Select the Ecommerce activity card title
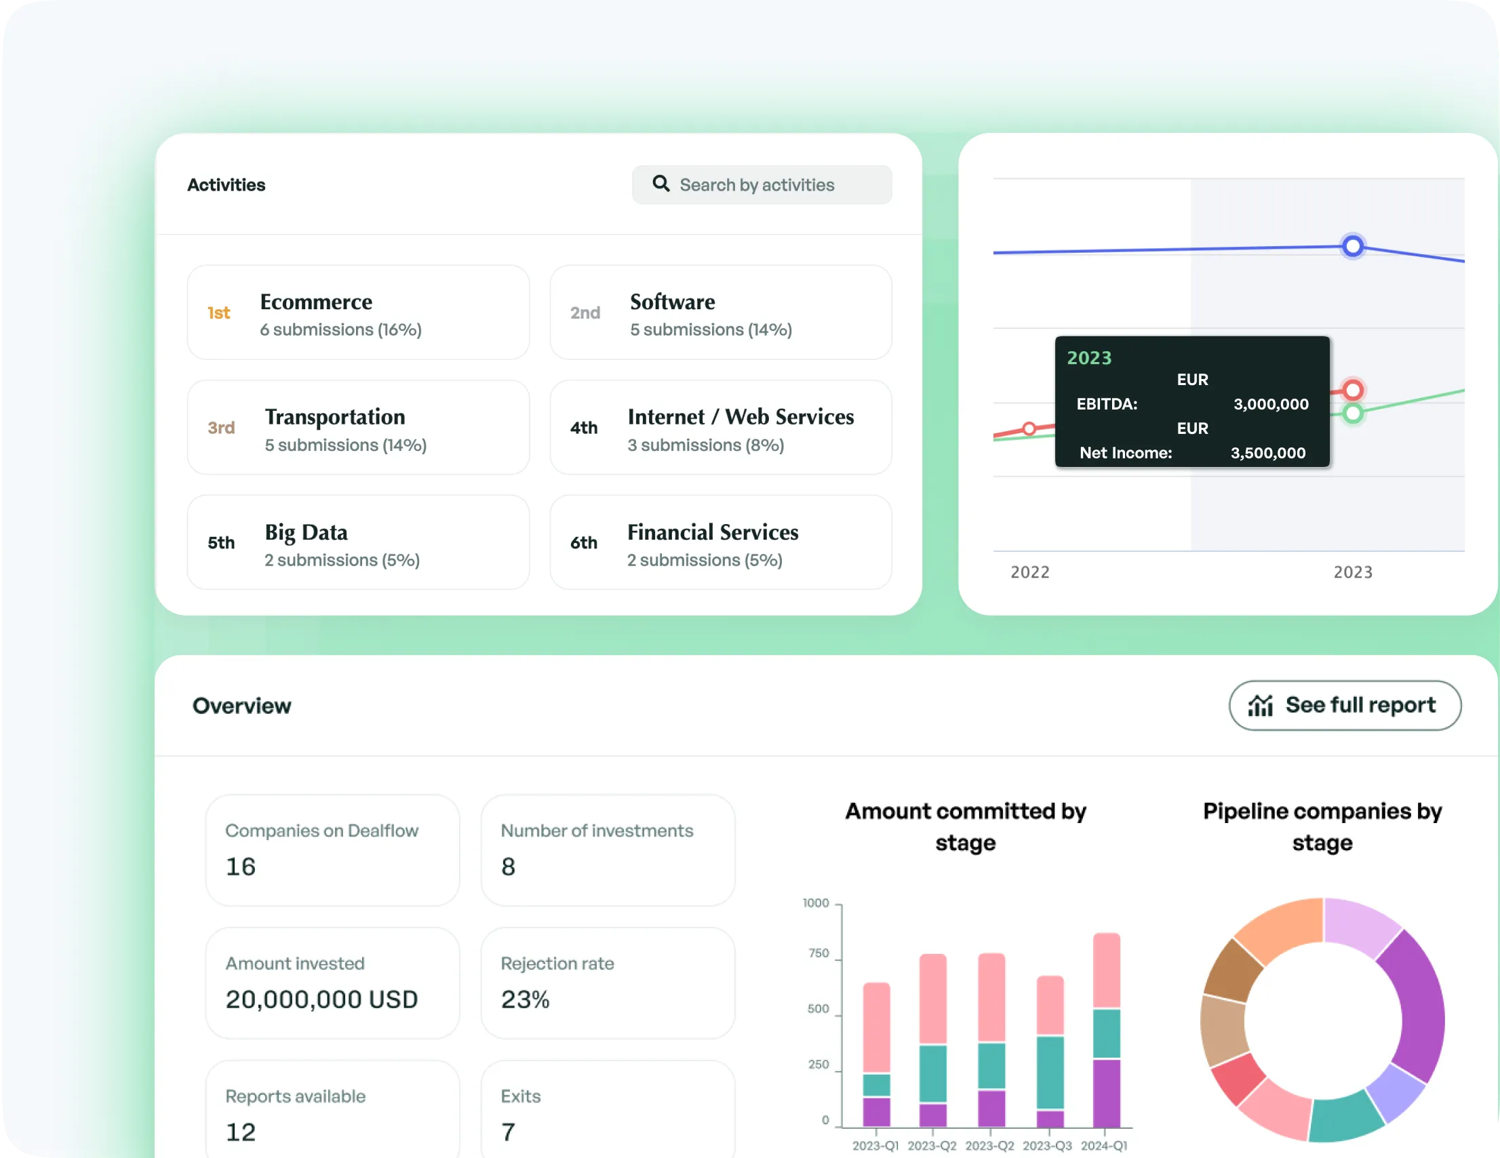tap(316, 302)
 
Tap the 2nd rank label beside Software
tap(585, 313)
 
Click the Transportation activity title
tap(335, 417)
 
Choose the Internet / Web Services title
tap(741, 417)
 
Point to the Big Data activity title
tap(307, 532)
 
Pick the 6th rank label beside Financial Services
tap(584, 542)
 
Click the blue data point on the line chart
tap(1352, 246)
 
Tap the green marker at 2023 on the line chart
tap(1352, 414)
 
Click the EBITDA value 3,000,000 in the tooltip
tap(1271, 404)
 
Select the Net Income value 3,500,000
tap(1268, 453)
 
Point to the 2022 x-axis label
tap(1029, 572)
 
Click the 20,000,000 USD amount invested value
tap(321, 999)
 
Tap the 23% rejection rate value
tap(526, 999)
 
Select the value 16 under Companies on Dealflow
tap(240, 866)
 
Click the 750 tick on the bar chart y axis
tap(818, 953)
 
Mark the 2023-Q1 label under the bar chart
tap(875, 1146)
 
